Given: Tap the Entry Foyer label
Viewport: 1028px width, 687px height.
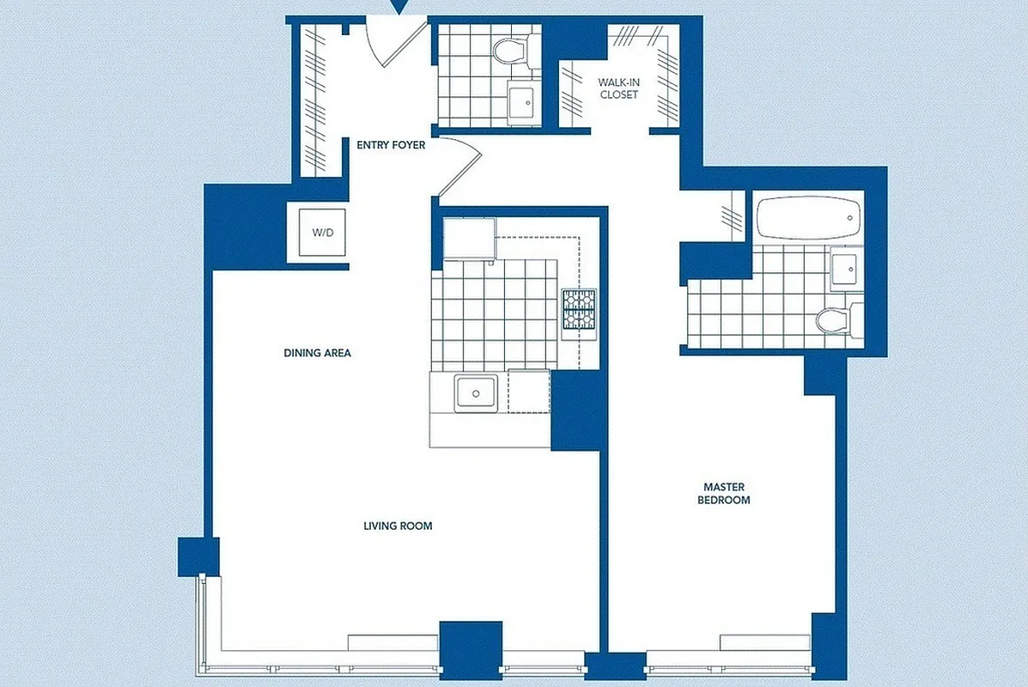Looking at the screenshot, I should pos(391,145).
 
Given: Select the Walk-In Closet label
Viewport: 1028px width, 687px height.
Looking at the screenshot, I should pos(618,88).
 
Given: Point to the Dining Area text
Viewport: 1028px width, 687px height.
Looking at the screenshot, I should pos(318,353).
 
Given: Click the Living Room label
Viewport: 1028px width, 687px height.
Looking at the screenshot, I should pos(398,526).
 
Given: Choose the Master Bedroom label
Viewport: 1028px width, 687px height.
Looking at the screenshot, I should pos(723,493).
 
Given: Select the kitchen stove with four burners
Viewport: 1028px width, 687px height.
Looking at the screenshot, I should pos(578,309).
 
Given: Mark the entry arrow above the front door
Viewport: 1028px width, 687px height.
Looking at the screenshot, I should pos(397,7).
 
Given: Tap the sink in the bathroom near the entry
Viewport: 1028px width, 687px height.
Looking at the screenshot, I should pos(521,101).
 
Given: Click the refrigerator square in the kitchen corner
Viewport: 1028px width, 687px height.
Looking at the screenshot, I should pos(469,238).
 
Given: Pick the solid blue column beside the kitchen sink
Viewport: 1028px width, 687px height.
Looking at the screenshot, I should pos(578,410).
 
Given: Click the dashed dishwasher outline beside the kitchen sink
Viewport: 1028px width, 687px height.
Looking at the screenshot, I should pos(528,391).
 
